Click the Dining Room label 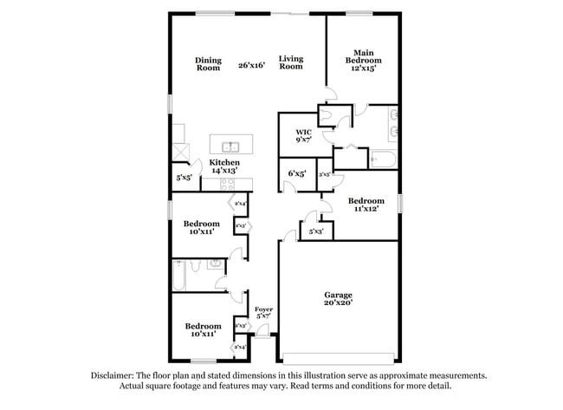pos(208,63)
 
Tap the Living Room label pos(291,62)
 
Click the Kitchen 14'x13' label pos(225,166)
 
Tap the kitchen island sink pos(231,146)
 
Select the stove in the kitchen pos(239,184)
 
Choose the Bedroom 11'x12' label pos(367,205)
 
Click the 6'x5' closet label pos(296,173)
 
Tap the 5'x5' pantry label pos(184,178)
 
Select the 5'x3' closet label pos(315,231)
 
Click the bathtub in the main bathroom pos(381,159)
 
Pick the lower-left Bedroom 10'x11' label pos(199,329)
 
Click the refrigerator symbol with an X pos(180,150)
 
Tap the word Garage pos(339,296)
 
